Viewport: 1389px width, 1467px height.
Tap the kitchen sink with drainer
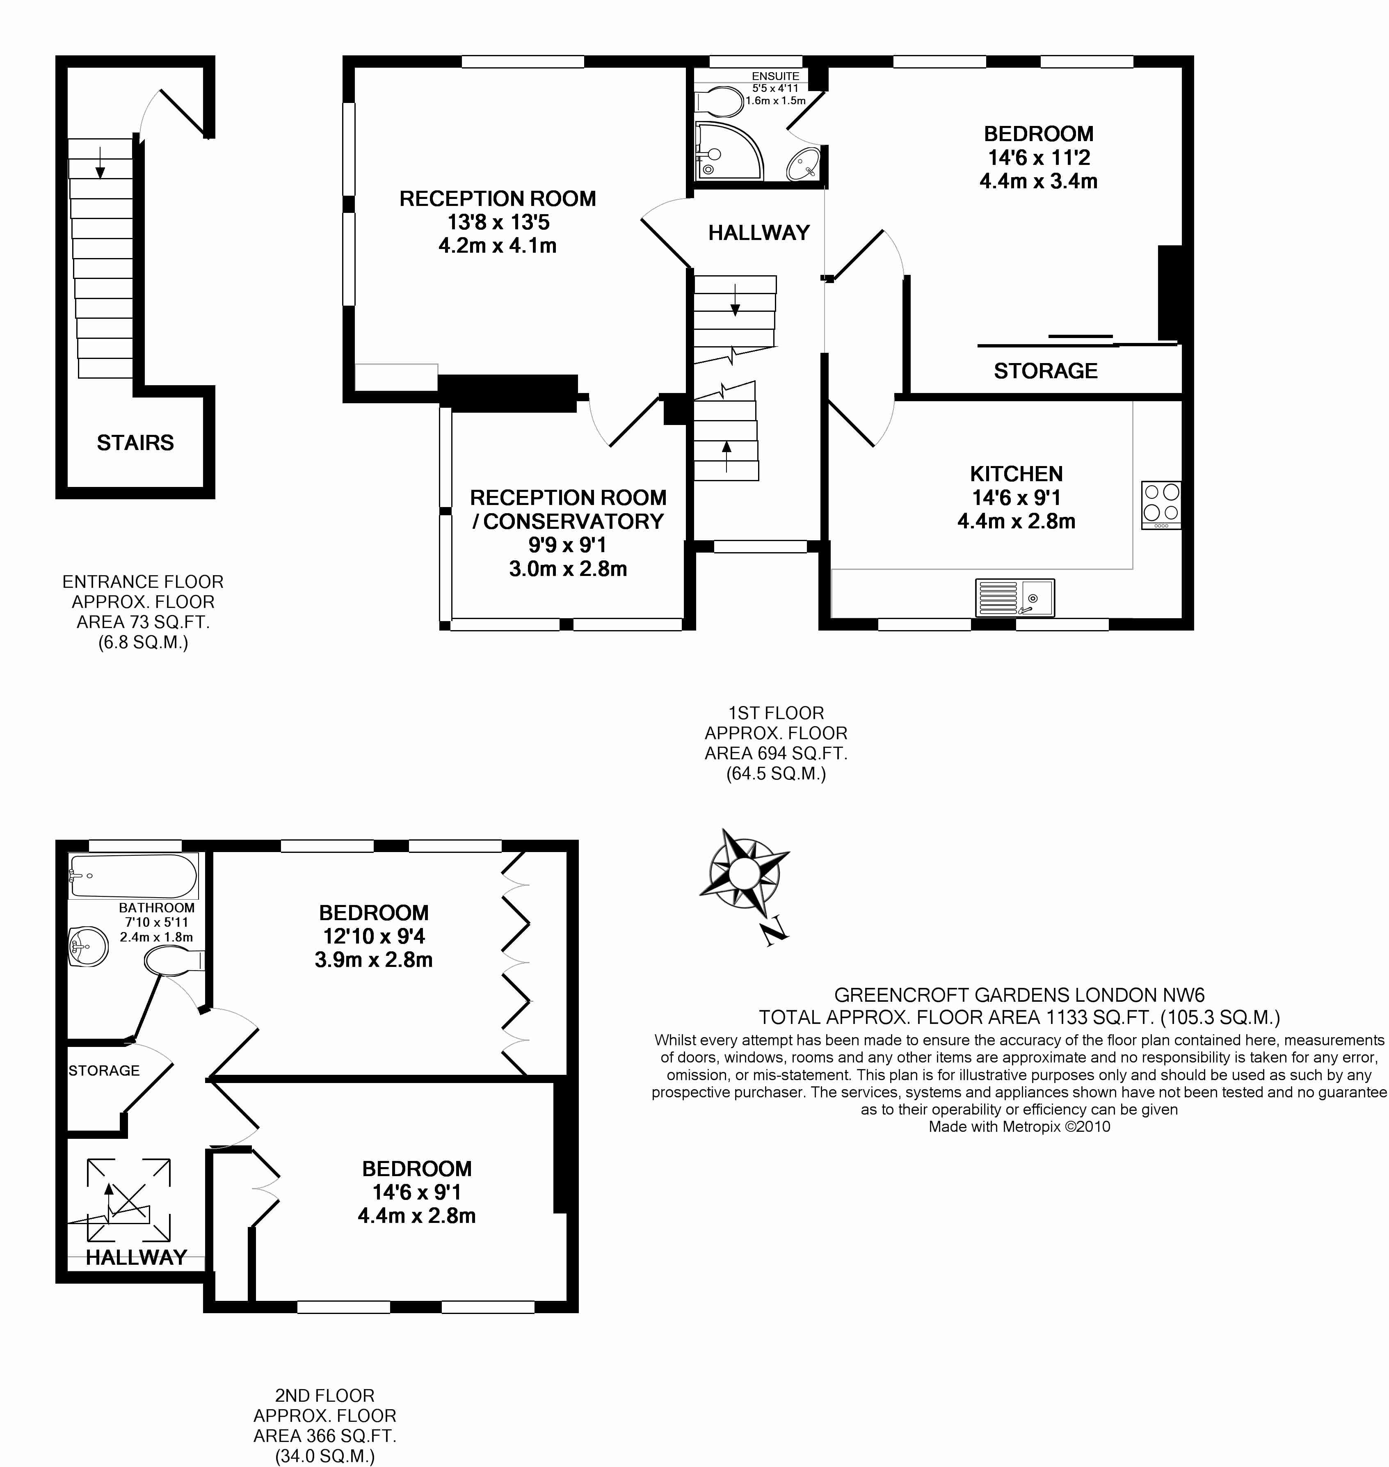[1014, 597]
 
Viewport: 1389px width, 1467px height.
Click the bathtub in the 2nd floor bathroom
[133, 876]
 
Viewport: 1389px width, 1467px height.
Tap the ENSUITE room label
[775, 75]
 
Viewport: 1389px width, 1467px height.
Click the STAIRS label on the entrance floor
[135, 442]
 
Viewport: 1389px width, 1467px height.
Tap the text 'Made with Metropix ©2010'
[1019, 1127]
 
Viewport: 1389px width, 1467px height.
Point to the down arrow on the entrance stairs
[100, 162]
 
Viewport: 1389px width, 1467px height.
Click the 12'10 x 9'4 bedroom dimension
[373, 936]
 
